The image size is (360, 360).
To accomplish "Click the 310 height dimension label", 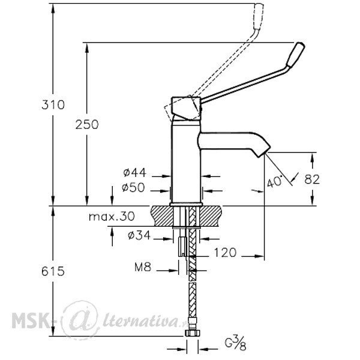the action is click(x=53, y=105).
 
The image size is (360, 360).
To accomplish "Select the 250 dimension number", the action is click(x=87, y=125).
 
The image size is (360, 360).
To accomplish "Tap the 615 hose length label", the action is click(x=53, y=272).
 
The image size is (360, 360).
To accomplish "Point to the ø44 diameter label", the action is click(x=134, y=173).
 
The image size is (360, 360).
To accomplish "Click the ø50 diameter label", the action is click(x=133, y=187).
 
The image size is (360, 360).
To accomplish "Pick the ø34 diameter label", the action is click(x=139, y=235).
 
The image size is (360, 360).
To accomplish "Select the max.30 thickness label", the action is click(x=112, y=217).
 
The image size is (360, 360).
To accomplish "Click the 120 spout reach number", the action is click(x=225, y=253).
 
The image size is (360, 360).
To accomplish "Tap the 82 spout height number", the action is click(x=312, y=179).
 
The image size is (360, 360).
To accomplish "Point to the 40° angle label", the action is click(x=275, y=182).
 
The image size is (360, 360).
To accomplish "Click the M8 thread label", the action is click(x=143, y=267).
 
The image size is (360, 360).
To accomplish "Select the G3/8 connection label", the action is click(x=236, y=344).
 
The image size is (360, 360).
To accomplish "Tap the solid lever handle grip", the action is click(x=296, y=55).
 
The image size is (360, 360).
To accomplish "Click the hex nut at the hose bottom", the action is click(x=192, y=332).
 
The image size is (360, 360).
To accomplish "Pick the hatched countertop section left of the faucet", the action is click(x=162, y=216).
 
